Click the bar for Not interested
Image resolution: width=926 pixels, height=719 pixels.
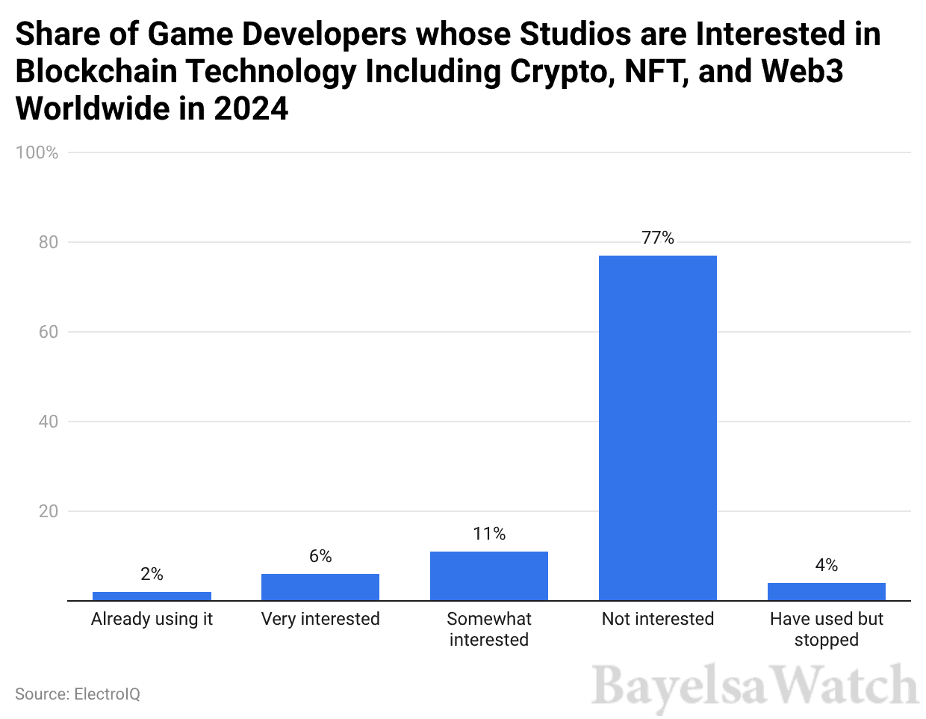point(657,428)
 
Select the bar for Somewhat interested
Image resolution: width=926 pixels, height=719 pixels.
point(488,575)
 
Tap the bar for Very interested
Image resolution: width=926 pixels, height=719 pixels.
point(320,587)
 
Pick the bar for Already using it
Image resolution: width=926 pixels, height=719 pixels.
point(152,596)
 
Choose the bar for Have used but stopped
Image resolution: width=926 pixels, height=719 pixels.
point(826,591)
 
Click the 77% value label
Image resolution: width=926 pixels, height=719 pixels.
point(657,238)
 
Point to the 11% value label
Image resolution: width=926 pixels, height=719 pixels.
point(488,534)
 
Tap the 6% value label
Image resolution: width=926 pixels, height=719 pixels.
point(320,556)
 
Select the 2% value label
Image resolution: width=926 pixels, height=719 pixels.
point(152,574)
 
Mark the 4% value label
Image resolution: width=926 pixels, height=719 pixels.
point(826,565)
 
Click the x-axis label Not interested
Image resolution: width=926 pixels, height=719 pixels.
point(657,619)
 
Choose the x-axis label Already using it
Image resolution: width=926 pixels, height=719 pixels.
point(152,619)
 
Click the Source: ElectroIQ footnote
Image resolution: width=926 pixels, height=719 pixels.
point(78,694)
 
